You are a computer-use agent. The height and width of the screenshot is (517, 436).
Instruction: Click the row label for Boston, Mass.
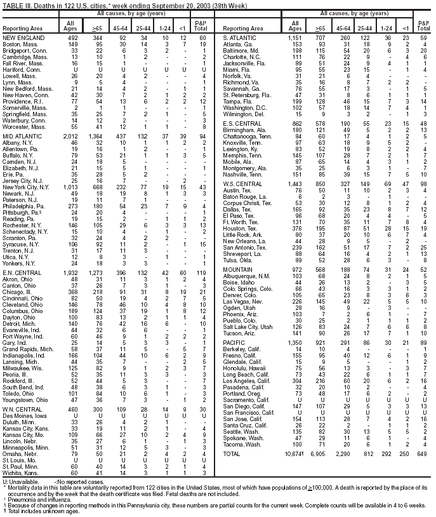point(19,44)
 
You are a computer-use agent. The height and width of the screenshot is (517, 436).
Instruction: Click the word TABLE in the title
point(13,4)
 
